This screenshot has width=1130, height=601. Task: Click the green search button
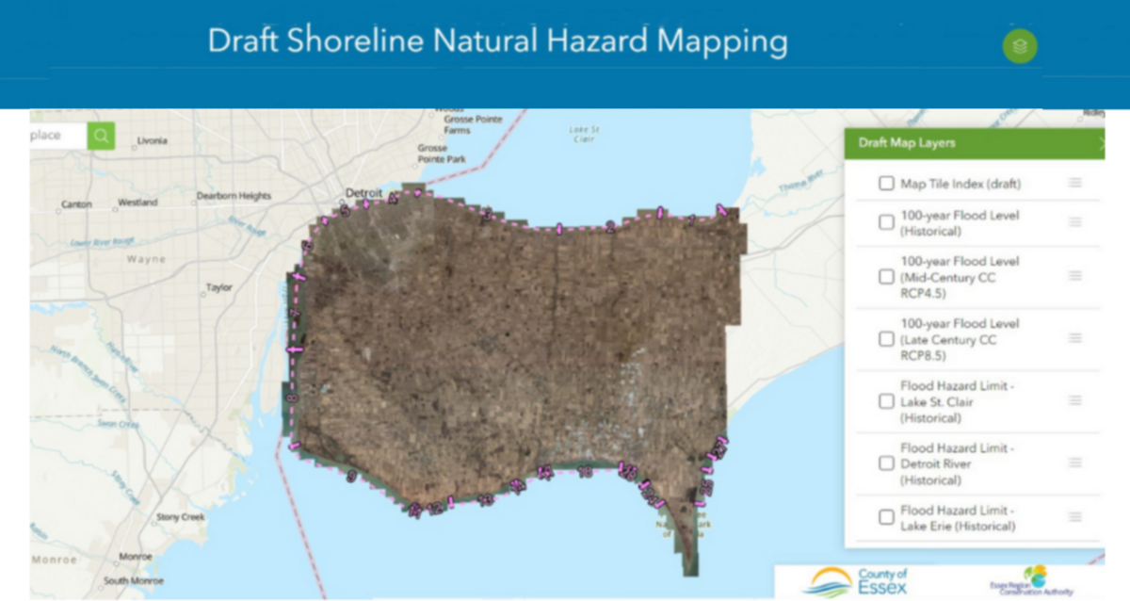click(x=101, y=136)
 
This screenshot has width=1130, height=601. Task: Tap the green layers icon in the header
click(x=1020, y=45)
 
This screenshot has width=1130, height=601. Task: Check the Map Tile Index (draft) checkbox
click(x=886, y=184)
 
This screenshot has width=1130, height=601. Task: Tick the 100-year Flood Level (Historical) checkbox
click(x=886, y=222)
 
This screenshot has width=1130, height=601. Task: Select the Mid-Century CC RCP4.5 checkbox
click(x=886, y=277)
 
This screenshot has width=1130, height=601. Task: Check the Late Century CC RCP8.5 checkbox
click(x=886, y=339)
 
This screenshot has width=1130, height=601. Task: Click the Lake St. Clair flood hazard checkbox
click(x=886, y=401)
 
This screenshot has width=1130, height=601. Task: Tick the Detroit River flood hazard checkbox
click(x=886, y=463)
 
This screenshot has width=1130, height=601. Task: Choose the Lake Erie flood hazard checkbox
click(x=886, y=517)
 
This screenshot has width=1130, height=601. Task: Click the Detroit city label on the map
click(x=364, y=192)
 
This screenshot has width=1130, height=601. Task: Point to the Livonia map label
click(x=151, y=141)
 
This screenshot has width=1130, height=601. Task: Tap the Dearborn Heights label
click(x=234, y=196)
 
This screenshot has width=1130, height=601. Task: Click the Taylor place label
click(x=218, y=288)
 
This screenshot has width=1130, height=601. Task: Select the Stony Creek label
click(x=180, y=517)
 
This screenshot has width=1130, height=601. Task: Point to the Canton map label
click(x=76, y=204)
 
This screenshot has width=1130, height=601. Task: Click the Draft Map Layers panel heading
click(x=907, y=143)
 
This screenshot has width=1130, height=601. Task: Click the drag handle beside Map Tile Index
click(x=1074, y=183)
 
